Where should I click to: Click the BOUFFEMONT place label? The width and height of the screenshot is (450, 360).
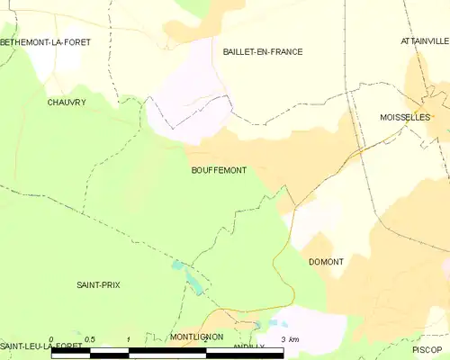(219, 169)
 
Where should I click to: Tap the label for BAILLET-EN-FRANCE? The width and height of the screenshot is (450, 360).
(263, 52)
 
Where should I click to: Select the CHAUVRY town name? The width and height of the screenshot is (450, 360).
(67, 103)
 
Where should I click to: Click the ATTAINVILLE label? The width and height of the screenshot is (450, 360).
(425, 41)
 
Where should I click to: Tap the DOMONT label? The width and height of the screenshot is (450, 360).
(326, 262)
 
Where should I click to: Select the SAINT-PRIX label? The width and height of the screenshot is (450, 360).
(98, 284)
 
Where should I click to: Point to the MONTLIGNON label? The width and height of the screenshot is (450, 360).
(196, 337)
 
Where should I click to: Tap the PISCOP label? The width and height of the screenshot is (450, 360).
(427, 348)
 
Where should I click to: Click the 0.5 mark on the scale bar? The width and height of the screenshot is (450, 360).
(89, 339)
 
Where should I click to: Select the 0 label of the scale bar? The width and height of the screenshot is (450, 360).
(51, 339)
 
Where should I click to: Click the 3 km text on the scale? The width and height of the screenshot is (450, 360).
(289, 339)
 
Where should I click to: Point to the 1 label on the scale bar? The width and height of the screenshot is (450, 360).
(130, 339)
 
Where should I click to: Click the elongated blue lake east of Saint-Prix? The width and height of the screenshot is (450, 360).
(193, 283)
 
